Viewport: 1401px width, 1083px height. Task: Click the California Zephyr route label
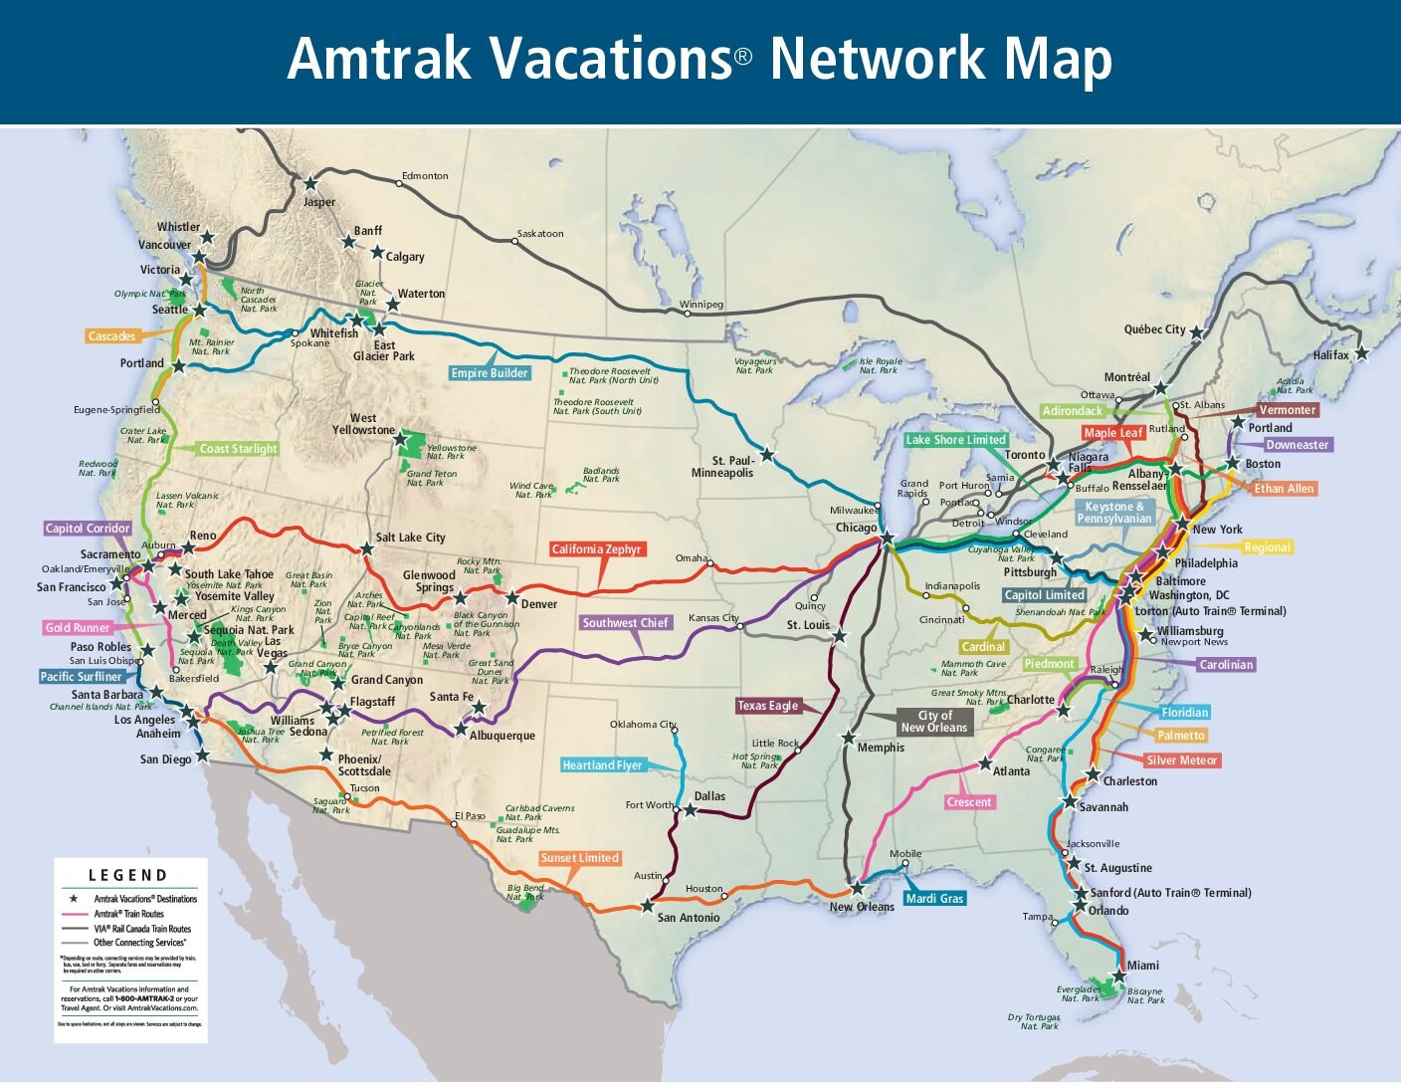click(597, 549)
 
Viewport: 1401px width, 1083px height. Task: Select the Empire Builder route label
click(490, 373)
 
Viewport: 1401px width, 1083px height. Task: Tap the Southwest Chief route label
click(625, 623)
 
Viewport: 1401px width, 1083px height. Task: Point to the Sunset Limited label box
click(579, 858)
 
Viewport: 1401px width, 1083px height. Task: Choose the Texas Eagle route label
click(767, 706)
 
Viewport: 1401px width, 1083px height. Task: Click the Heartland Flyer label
click(602, 765)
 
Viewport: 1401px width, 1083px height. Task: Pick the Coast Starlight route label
click(238, 449)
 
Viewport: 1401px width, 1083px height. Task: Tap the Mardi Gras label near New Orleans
click(934, 899)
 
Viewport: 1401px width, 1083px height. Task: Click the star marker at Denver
click(512, 599)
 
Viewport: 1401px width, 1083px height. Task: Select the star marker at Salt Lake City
click(366, 548)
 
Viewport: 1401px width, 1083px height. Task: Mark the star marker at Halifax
click(1361, 353)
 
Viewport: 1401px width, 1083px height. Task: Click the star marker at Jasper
click(310, 183)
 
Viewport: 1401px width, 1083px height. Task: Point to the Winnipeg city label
click(701, 305)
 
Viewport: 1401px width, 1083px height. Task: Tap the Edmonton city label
click(425, 176)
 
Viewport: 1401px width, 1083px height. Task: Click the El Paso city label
click(470, 816)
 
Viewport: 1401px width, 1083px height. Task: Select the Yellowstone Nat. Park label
click(451, 452)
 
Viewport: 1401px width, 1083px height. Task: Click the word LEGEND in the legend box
click(128, 875)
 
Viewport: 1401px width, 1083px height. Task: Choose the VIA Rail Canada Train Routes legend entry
click(141, 929)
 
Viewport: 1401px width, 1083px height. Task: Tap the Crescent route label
click(969, 802)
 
